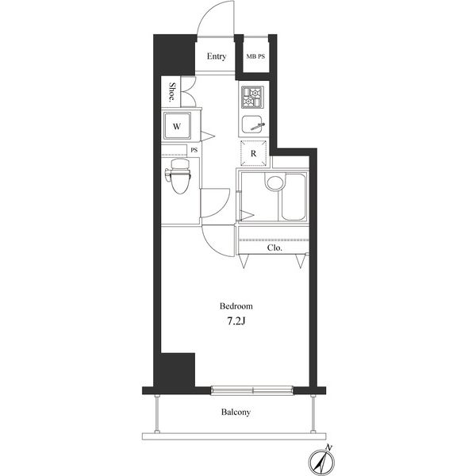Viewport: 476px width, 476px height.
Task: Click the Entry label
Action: (x=217, y=56)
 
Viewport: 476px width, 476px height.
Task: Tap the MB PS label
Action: (x=255, y=56)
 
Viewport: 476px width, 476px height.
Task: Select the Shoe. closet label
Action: (x=172, y=91)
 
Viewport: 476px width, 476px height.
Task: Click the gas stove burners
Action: (x=252, y=97)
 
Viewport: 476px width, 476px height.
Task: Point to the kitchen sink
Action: (x=251, y=125)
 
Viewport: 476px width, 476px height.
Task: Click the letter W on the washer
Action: (x=177, y=126)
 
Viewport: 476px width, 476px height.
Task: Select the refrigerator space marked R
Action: (x=254, y=154)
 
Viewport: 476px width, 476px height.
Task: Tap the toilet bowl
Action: (x=180, y=177)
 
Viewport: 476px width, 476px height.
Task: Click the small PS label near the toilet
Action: (x=194, y=150)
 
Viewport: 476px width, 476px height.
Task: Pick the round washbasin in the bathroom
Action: (x=275, y=183)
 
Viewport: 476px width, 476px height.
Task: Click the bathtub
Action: (x=294, y=197)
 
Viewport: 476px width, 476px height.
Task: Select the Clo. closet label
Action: (x=274, y=248)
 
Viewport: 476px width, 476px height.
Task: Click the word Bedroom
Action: (x=236, y=306)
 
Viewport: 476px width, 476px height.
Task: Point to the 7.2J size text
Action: (x=236, y=321)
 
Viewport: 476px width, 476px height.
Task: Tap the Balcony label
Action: (x=236, y=413)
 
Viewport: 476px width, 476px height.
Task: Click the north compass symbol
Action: (x=322, y=463)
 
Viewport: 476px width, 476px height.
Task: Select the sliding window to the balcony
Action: (x=252, y=390)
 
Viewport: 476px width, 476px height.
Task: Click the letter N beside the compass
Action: (x=329, y=447)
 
